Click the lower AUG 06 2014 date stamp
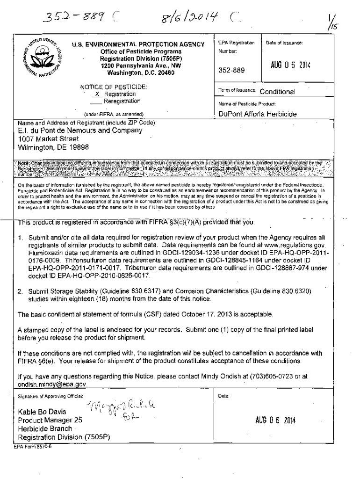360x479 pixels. tap(274, 420)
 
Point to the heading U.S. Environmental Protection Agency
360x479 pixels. tap(138, 45)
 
